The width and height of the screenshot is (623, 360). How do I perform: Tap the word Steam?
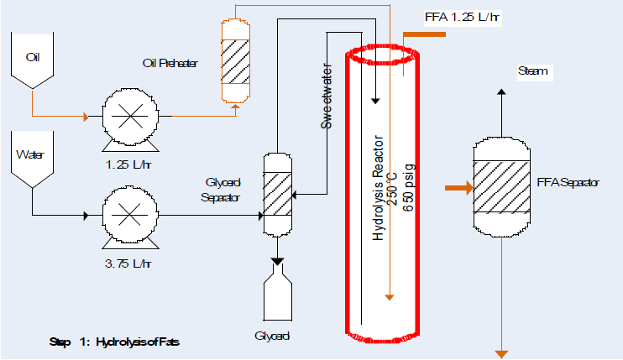533,71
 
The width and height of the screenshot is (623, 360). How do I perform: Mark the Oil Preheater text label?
170,63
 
